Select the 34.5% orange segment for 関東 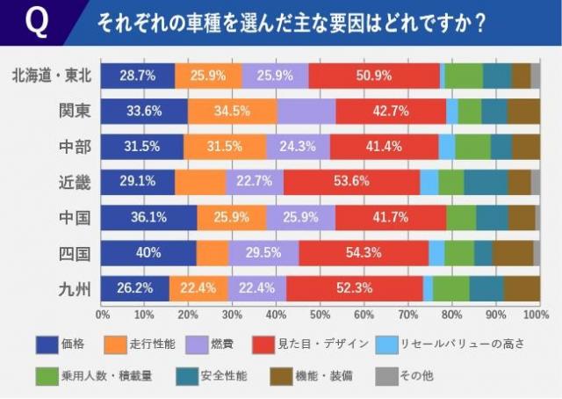(x=233, y=112)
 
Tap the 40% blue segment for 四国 (x=148, y=252)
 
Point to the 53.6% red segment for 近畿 (x=351, y=182)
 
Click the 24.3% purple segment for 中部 (x=298, y=147)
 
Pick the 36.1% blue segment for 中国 (x=148, y=217)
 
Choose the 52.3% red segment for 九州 (x=354, y=287)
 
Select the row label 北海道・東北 (x=49, y=76)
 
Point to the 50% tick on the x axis (x=320, y=313)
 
